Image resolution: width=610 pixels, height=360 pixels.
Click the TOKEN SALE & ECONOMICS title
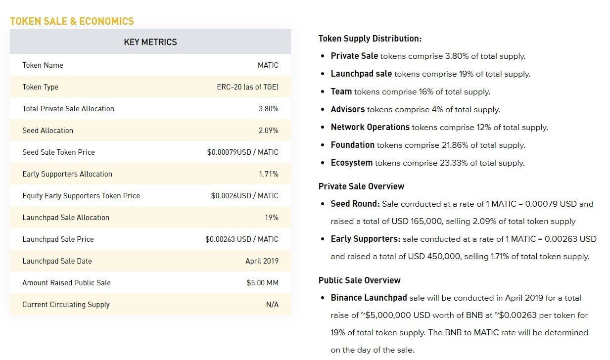tap(72, 21)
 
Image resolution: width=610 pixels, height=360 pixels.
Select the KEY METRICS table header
tap(150, 42)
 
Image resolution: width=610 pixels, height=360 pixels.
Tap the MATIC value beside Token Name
tap(268, 65)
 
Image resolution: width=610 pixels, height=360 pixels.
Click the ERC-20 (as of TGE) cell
tap(247, 87)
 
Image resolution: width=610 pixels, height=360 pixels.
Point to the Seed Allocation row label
tap(47, 131)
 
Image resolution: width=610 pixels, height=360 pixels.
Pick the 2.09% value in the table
tap(268, 131)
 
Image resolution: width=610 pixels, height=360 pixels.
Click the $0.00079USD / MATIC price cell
tap(242, 152)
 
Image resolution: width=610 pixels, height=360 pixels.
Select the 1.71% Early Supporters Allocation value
tap(268, 174)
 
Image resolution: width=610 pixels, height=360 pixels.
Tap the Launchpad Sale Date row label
tap(57, 261)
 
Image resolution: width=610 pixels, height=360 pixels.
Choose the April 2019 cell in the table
tap(262, 261)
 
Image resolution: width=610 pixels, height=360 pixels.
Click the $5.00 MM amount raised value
tap(262, 283)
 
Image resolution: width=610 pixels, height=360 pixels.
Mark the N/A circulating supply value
tap(272, 305)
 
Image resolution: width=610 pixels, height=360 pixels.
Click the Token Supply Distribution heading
tap(370, 39)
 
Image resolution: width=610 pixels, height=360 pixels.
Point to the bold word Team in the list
tap(341, 91)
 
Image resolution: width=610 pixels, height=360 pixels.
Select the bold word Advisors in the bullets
tap(347, 109)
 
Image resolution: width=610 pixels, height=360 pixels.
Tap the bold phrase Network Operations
tap(370, 127)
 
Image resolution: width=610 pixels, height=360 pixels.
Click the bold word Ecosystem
tap(351, 163)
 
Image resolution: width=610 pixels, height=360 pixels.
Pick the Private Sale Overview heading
tap(361, 186)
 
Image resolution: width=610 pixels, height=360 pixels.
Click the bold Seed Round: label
tap(355, 204)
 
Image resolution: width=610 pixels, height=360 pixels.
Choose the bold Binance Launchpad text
tap(369, 298)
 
